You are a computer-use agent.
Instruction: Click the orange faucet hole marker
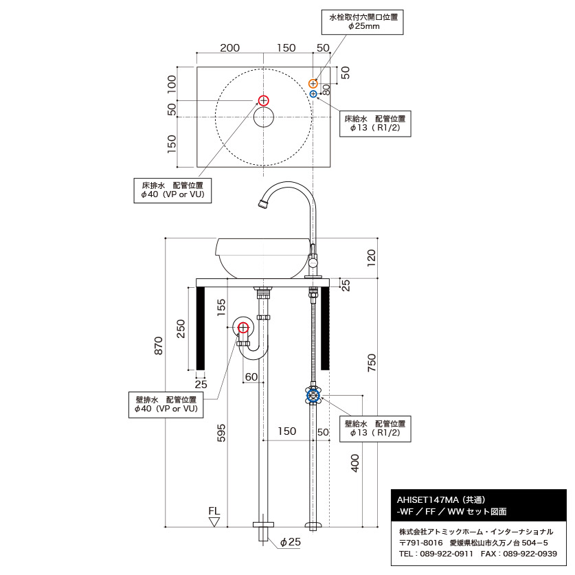pyautogui.click(x=313, y=83)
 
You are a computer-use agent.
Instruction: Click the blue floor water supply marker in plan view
pyautogui.click(x=313, y=93)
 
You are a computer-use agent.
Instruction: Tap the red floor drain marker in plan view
pyautogui.click(x=264, y=101)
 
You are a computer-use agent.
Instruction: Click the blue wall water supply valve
pyautogui.click(x=313, y=395)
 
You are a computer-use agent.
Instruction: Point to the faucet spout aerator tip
pyautogui.click(x=261, y=204)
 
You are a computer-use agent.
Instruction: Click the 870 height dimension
pyautogui.click(x=159, y=345)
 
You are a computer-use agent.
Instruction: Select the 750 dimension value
pyautogui.click(x=372, y=363)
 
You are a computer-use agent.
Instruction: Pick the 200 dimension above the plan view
pyautogui.click(x=229, y=48)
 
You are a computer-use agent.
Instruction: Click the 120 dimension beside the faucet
pyautogui.click(x=372, y=258)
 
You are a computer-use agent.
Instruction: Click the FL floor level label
pyautogui.click(x=214, y=512)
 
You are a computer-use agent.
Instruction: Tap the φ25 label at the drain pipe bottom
pyautogui.click(x=290, y=542)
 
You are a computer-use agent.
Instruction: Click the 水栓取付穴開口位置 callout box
pyautogui.click(x=363, y=21)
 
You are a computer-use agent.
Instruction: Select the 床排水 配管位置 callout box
pyautogui.click(x=172, y=190)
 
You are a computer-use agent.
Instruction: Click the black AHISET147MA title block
pyautogui.click(x=479, y=506)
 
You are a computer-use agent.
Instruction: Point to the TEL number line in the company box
pyautogui.click(x=478, y=554)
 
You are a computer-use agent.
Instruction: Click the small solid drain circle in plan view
pyautogui.click(x=264, y=117)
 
